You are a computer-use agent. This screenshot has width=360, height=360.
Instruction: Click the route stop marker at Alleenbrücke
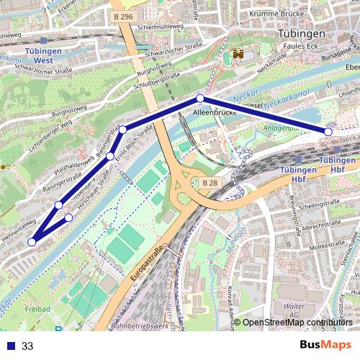click(200, 99)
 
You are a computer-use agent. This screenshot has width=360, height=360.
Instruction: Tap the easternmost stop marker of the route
click(328, 132)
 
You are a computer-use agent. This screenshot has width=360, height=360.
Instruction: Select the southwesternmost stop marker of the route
click(32, 242)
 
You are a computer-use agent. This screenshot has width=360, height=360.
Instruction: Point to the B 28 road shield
click(210, 184)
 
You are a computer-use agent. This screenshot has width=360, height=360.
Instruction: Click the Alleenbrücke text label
click(211, 114)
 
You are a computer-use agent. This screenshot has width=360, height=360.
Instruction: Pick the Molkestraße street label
click(322, 247)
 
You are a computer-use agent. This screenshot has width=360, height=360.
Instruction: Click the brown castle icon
click(238, 54)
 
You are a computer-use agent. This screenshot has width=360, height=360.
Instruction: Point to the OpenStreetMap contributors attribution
click(297, 323)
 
